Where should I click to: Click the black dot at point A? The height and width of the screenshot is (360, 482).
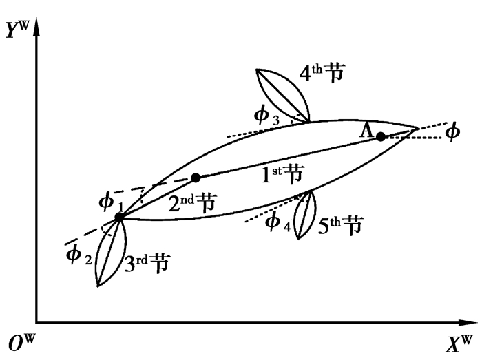(x=381, y=137)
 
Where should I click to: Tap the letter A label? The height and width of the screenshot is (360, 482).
(x=366, y=131)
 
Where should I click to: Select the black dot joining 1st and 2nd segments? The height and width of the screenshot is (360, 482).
(x=196, y=178)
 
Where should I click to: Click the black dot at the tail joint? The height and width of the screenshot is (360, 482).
(x=119, y=217)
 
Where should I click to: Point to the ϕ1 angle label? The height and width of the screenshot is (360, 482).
(x=111, y=203)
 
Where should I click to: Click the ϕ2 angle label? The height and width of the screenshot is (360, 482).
(x=79, y=255)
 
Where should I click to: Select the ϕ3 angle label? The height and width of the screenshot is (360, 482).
(x=267, y=116)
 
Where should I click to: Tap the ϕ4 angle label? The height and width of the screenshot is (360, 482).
(x=278, y=222)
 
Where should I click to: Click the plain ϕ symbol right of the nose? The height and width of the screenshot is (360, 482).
(x=452, y=132)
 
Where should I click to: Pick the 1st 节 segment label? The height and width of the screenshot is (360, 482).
(x=282, y=174)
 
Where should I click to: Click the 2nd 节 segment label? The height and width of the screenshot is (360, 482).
(x=192, y=203)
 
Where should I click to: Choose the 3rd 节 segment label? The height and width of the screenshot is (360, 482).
(x=147, y=263)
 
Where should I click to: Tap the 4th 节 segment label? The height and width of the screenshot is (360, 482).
(x=322, y=73)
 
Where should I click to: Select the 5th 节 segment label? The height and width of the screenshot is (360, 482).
(x=340, y=225)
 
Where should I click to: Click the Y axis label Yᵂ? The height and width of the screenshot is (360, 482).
(x=17, y=30)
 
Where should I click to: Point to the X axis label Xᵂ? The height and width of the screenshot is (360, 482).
(x=459, y=343)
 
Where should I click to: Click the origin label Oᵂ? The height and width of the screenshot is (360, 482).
(x=21, y=343)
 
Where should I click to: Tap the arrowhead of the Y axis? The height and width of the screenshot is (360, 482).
(x=36, y=27)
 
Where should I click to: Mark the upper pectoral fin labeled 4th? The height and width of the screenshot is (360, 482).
(x=283, y=95)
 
